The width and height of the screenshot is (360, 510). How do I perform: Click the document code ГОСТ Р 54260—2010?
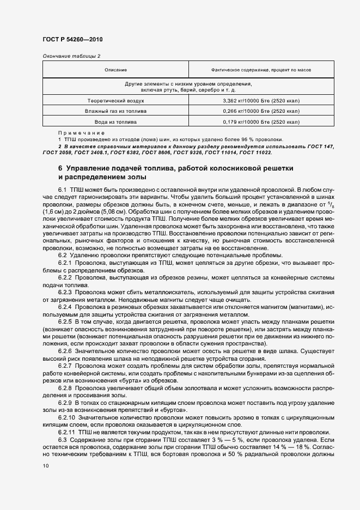pyautogui.click(x=72, y=40)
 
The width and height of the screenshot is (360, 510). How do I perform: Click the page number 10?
pyautogui.click(x=46, y=466)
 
